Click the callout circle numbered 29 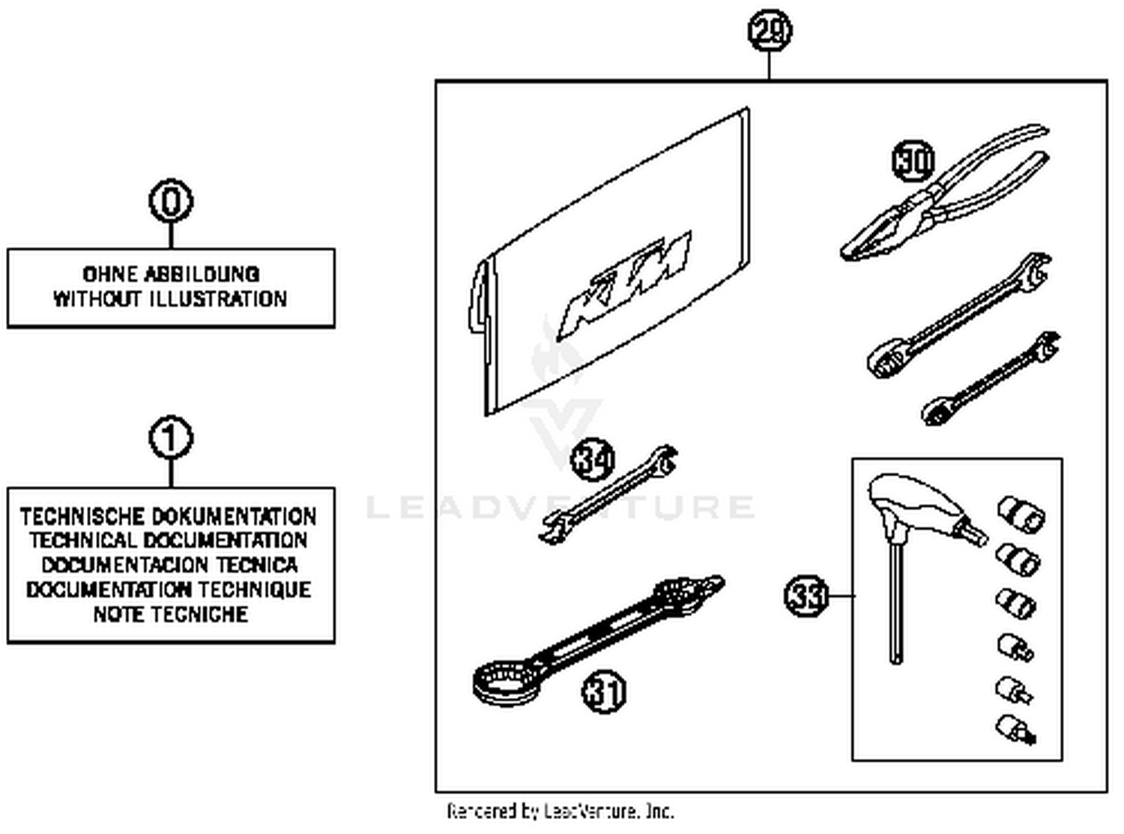click(x=770, y=31)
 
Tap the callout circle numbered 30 click(x=913, y=160)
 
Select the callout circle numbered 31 click(x=603, y=691)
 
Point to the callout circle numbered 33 click(x=806, y=596)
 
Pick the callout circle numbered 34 click(x=593, y=460)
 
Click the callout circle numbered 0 click(x=171, y=202)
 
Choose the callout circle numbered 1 click(x=171, y=439)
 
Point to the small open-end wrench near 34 click(x=608, y=495)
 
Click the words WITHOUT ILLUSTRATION click(x=170, y=299)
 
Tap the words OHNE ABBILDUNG click(x=171, y=274)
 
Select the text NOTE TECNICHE click(x=171, y=614)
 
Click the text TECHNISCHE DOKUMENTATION click(x=169, y=516)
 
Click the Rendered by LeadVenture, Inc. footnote click(x=561, y=811)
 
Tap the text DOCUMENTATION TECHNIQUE click(x=169, y=589)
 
